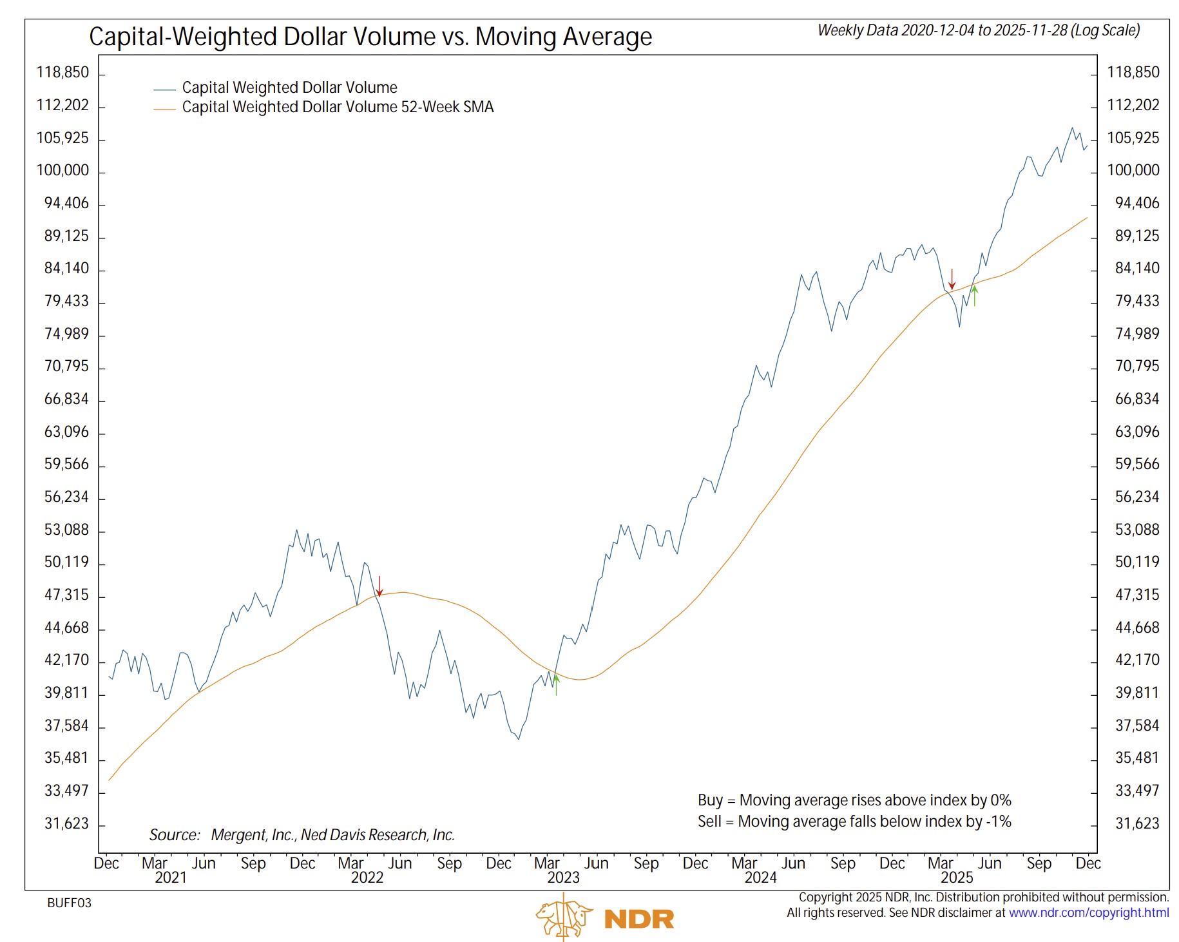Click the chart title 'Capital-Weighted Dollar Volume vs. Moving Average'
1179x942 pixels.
point(370,37)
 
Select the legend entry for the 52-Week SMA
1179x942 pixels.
point(337,107)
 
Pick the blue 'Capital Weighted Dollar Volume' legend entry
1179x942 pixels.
point(289,88)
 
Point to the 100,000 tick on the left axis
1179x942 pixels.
point(62,171)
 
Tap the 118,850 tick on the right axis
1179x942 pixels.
point(1133,72)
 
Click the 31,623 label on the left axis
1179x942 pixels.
point(66,823)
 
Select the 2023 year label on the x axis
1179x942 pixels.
point(563,878)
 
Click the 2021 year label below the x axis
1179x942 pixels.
point(170,878)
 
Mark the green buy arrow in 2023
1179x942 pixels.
point(556,684)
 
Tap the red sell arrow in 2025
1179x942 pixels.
point(952,279)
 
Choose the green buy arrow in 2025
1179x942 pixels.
point(975,295)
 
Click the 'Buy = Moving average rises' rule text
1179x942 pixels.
point(854,800)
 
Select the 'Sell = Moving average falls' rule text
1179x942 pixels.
point(854,822)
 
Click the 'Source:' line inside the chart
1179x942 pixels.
point(302,835)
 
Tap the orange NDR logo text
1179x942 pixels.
point(639,919)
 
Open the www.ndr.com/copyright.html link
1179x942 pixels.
point(1088,912)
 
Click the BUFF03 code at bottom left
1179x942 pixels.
point(69,903)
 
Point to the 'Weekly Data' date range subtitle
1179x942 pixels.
point(978,30)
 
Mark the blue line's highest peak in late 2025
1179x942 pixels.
point(1072,128)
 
